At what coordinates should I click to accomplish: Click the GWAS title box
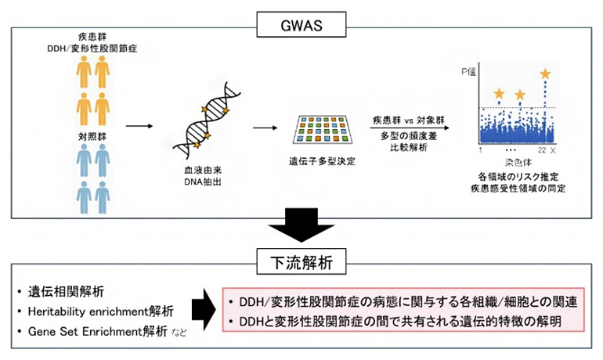(x=301, y=25)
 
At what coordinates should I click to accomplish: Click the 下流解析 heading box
(x=301, y=261)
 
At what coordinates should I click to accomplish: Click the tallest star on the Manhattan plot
(x=545, y=74)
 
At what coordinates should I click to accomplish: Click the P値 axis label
(x=467, y=73)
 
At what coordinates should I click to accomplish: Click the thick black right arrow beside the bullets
(x=205, y=312)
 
